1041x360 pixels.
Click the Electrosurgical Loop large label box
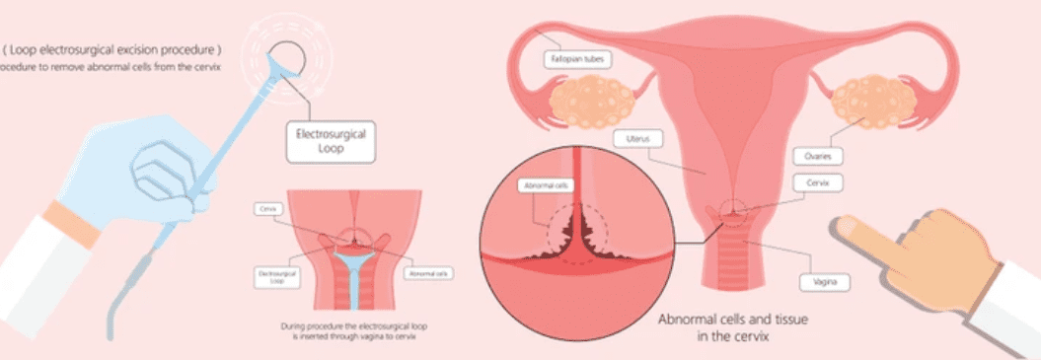pyautogui.click(x=323, y=142)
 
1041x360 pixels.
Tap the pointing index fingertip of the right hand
pyautogui.click(x=846, y=226)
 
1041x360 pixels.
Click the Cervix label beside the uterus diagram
pyautogui.click(x=815, y=183)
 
